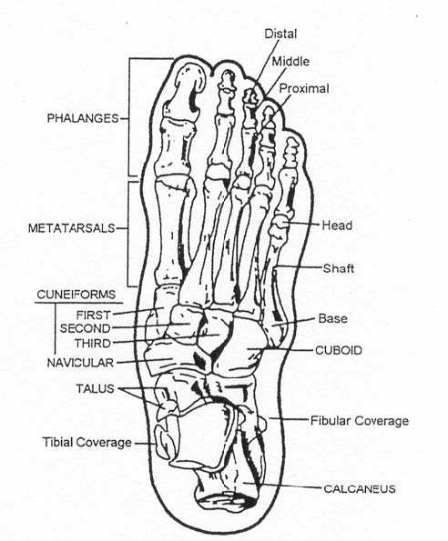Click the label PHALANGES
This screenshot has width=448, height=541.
point(83,118)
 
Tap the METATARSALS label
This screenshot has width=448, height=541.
point(72,228)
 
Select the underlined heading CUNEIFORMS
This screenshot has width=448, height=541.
point(76,295)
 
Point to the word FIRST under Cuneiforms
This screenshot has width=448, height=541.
point(93,315)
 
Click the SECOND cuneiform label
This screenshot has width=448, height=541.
point(85,328)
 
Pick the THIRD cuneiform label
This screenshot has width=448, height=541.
point(93,344)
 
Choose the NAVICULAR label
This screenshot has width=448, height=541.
point(80,363)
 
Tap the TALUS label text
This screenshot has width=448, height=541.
point(95,388)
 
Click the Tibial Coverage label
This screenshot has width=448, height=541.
point(87,442)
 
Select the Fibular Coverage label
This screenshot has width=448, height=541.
point(360,421)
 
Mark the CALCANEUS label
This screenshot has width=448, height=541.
point(360,488)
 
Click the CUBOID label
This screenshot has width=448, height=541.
point(339,350)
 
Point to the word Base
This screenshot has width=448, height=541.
point(332,318)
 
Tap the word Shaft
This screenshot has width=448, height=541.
point(338,268)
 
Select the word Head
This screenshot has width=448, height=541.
point(337,225)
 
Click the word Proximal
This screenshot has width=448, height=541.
point(304,89)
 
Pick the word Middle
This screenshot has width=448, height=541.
point(290,62)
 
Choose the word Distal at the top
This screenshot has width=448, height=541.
point(280,34)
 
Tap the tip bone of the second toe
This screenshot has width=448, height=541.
point(227,80)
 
